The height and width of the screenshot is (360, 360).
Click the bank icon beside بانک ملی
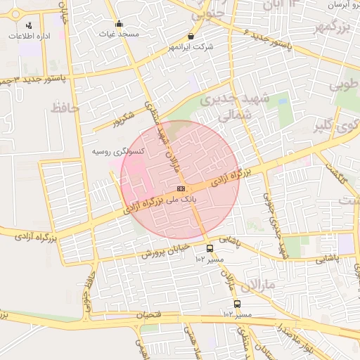pyautogui.click(x=181, y=188)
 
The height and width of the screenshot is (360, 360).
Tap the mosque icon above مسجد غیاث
pyautogui.click(x=119, y=23)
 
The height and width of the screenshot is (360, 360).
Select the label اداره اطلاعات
pyautogui.click(x=27, y=36)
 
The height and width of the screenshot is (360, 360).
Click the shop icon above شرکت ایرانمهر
pyautogui.click(x=191, y=36)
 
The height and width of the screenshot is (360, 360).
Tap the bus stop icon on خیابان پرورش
pyautogui.click(x=210, y=248)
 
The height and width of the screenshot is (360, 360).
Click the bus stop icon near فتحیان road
pyautogui.click(x=237, y=304)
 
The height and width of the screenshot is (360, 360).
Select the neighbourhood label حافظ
pyautogui.click(x=64, y=108)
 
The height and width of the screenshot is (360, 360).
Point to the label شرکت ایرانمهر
pyautogui.click(x=191, y=47)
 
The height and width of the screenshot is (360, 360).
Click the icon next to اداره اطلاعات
pyautogui.click(x=27, y=26)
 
